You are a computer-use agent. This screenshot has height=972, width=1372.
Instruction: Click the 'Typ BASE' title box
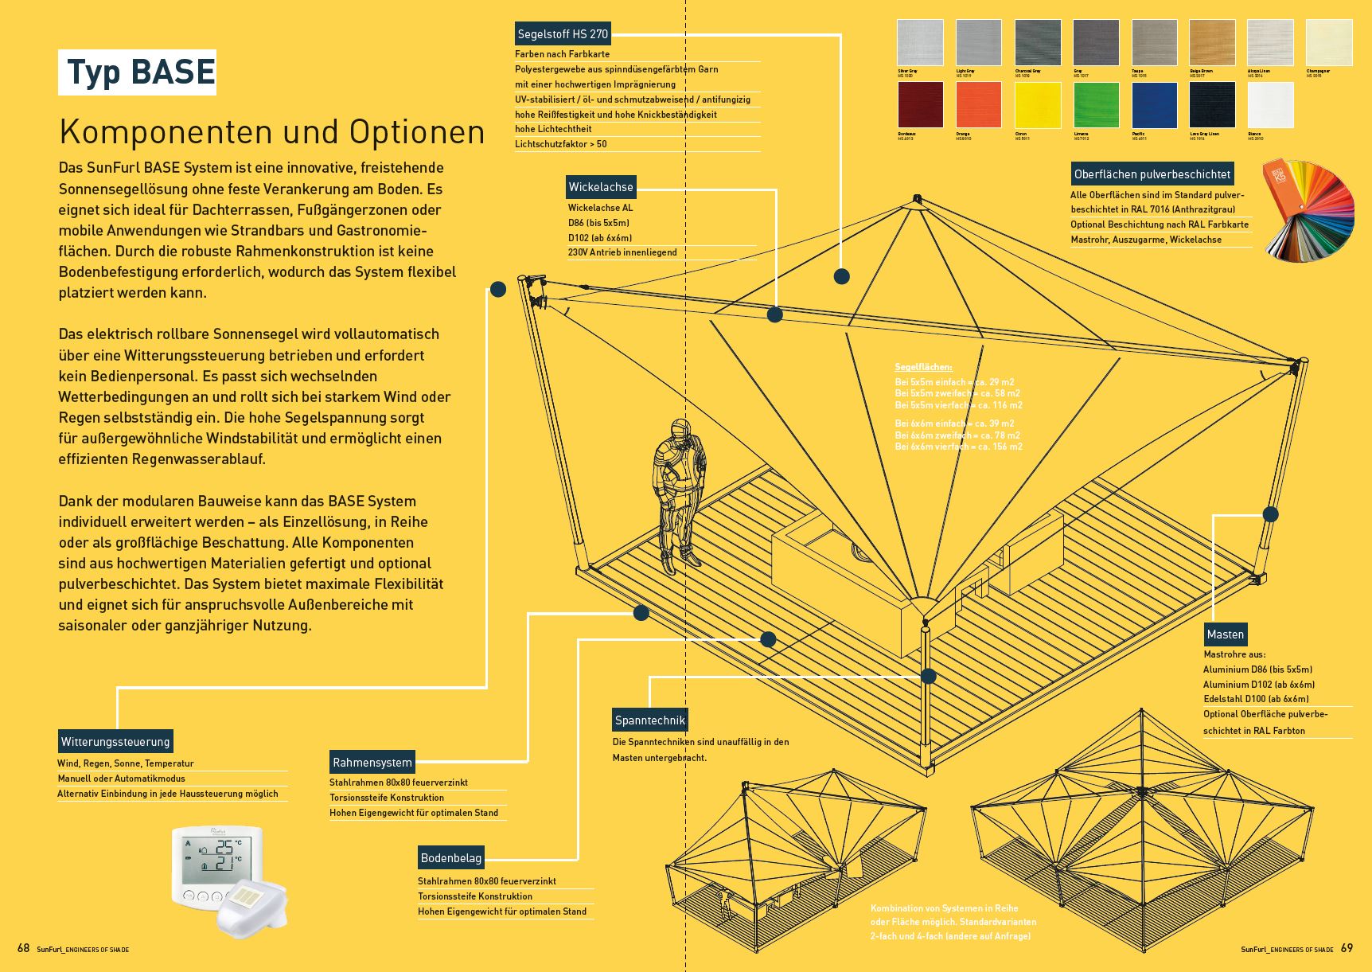(138, 72)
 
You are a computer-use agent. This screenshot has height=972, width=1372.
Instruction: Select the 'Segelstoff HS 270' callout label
(563, 34)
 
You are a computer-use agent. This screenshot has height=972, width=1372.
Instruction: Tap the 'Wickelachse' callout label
(601, 187)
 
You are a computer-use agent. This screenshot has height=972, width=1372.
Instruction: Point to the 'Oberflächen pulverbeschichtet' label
(1152, 174)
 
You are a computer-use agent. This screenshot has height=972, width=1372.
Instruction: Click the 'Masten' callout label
(1225, 634)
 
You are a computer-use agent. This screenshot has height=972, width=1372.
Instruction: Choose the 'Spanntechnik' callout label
(649, 720)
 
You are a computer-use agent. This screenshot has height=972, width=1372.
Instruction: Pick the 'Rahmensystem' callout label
(372, 763)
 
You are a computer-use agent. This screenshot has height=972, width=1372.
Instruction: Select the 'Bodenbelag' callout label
(450, 858)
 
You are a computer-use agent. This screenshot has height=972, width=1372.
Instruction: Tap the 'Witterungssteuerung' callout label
(115, 742)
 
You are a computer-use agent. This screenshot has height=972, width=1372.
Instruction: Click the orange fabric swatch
(979, 105)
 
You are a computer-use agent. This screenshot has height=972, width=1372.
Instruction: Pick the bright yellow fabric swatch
(1038, 105)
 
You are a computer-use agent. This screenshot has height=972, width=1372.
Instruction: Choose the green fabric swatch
(1097, 105)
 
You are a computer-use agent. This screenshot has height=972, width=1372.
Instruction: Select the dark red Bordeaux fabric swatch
(921, 105)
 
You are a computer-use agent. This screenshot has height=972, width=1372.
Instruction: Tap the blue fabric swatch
(1155, 105)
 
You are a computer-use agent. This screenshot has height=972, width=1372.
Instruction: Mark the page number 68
(23, 948)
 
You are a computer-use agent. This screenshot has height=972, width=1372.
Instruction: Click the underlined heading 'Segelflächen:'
(923, 367)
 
